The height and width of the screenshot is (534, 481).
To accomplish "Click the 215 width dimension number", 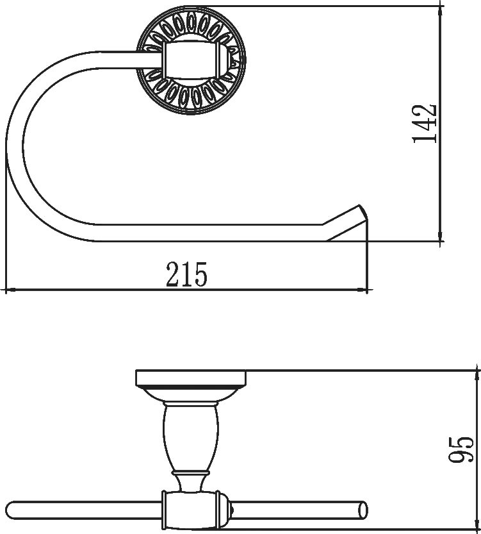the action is (x=186, y=274).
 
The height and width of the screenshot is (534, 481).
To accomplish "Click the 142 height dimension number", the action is (x=424, y=123).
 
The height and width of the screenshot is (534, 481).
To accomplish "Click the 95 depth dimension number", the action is (x=461, y=449).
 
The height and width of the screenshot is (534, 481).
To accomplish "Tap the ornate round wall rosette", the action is (x=191, y=61).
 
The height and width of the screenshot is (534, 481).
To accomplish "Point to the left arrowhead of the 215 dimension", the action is (x=10, y=290).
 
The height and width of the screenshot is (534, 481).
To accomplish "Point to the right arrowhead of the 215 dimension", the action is (x=363, y=290).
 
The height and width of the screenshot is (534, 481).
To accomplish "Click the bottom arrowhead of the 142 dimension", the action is (x=441, y=237).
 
